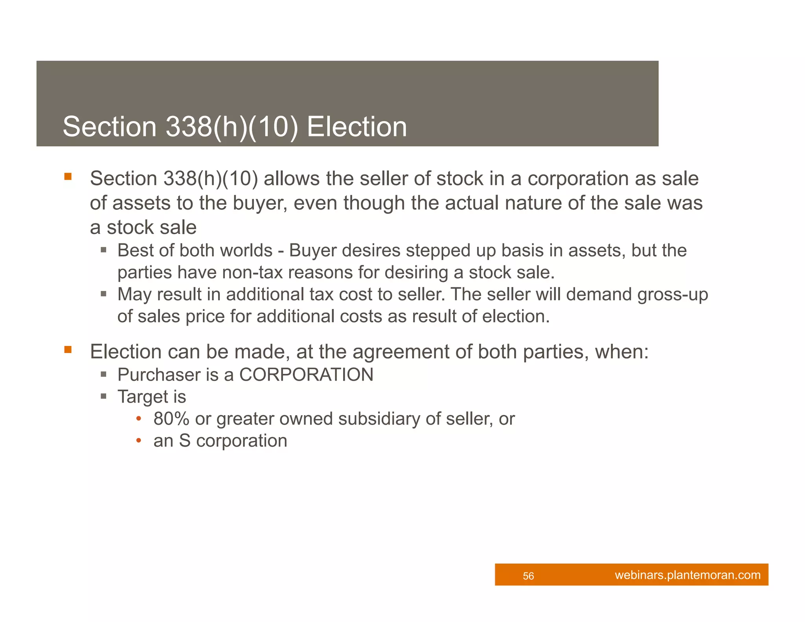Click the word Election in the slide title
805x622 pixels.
357,127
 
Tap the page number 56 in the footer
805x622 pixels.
528,576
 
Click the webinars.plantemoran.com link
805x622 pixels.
687,575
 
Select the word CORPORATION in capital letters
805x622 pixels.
306,375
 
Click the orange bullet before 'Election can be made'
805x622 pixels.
68,350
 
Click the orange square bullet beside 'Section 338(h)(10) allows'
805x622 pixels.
68,177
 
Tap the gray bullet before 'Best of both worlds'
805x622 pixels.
103,250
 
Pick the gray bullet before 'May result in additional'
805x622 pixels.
103,294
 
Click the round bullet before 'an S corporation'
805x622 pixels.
138,441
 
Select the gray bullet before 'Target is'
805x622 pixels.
103,396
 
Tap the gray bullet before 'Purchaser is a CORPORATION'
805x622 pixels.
103,374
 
